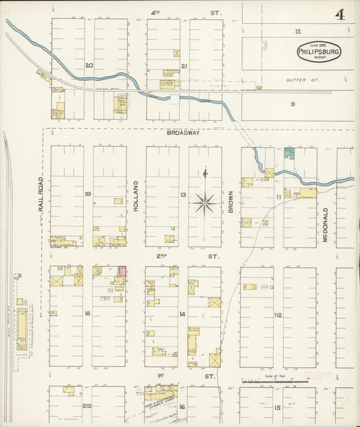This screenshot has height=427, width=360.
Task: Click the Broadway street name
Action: (x=183, y=133)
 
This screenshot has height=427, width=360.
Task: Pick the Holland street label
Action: (x=136, y=197)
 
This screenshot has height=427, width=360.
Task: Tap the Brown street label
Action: (x=230, y=201)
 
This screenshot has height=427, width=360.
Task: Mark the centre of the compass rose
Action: (x=205, y=202)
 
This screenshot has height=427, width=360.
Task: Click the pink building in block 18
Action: (x=123, y=271)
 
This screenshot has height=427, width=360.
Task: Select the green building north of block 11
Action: (x=289, y=153)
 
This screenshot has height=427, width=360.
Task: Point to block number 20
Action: (x=88, y=66)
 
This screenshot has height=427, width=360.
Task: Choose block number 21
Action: (x=184, y=66)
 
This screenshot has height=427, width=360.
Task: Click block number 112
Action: (x=278, y=315)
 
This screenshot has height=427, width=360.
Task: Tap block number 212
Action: (x=87, y=406)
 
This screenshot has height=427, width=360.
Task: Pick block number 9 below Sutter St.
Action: (x=293, y=103)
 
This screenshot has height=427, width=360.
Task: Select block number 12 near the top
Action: (x=297, y=31)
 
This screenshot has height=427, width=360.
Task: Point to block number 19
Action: (x=88, y=195)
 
